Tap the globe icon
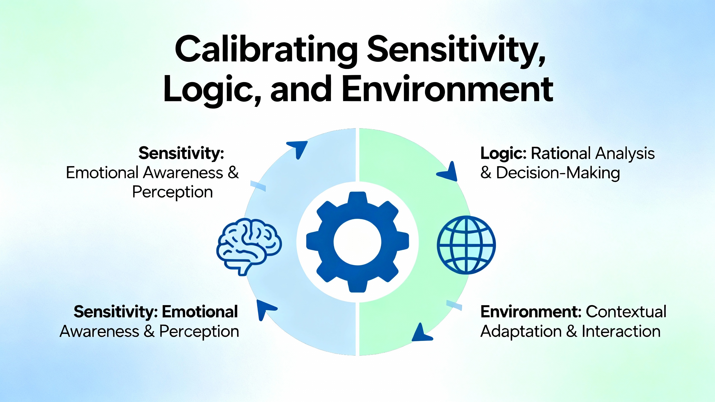point(466,245)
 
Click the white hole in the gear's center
point(357,242)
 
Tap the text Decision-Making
point(558,173)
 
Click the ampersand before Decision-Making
point(486,173)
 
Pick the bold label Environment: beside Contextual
point(531,312)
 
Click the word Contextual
point(626,312)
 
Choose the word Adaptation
point(521,332)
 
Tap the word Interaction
point(621,331)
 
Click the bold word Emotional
point(200,312)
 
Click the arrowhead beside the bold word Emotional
point(265,309)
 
